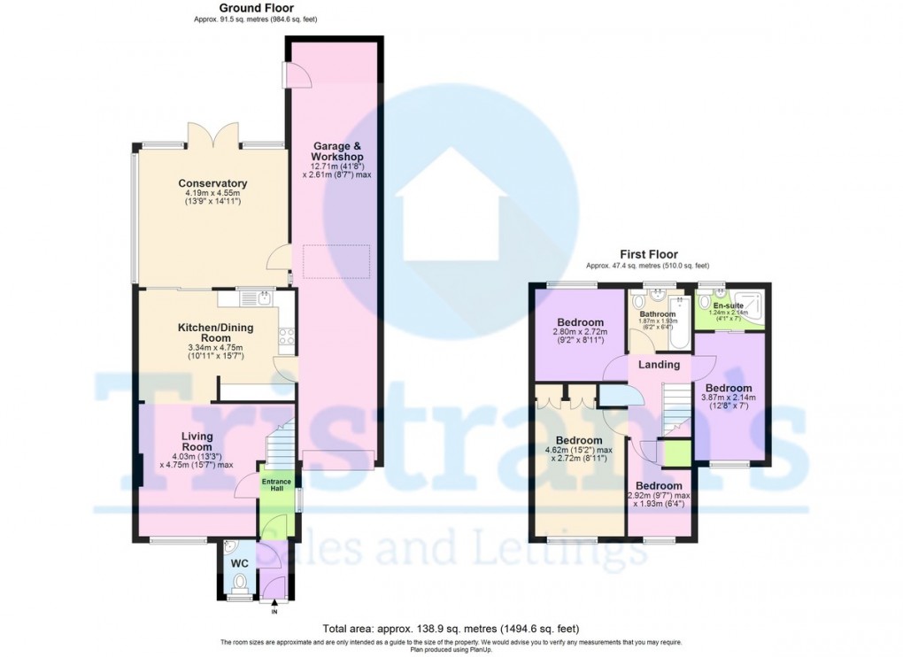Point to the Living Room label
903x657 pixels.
click(197, 442)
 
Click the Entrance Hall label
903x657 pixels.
click(276, 486)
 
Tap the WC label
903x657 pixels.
click(239, 563)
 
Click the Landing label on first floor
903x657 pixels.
click(659, 365)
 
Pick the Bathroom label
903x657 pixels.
click(658, 314)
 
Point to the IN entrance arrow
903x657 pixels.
click(274, 605)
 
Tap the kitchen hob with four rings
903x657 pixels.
click(287, 336)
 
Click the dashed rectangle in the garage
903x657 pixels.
click(336, 261)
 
